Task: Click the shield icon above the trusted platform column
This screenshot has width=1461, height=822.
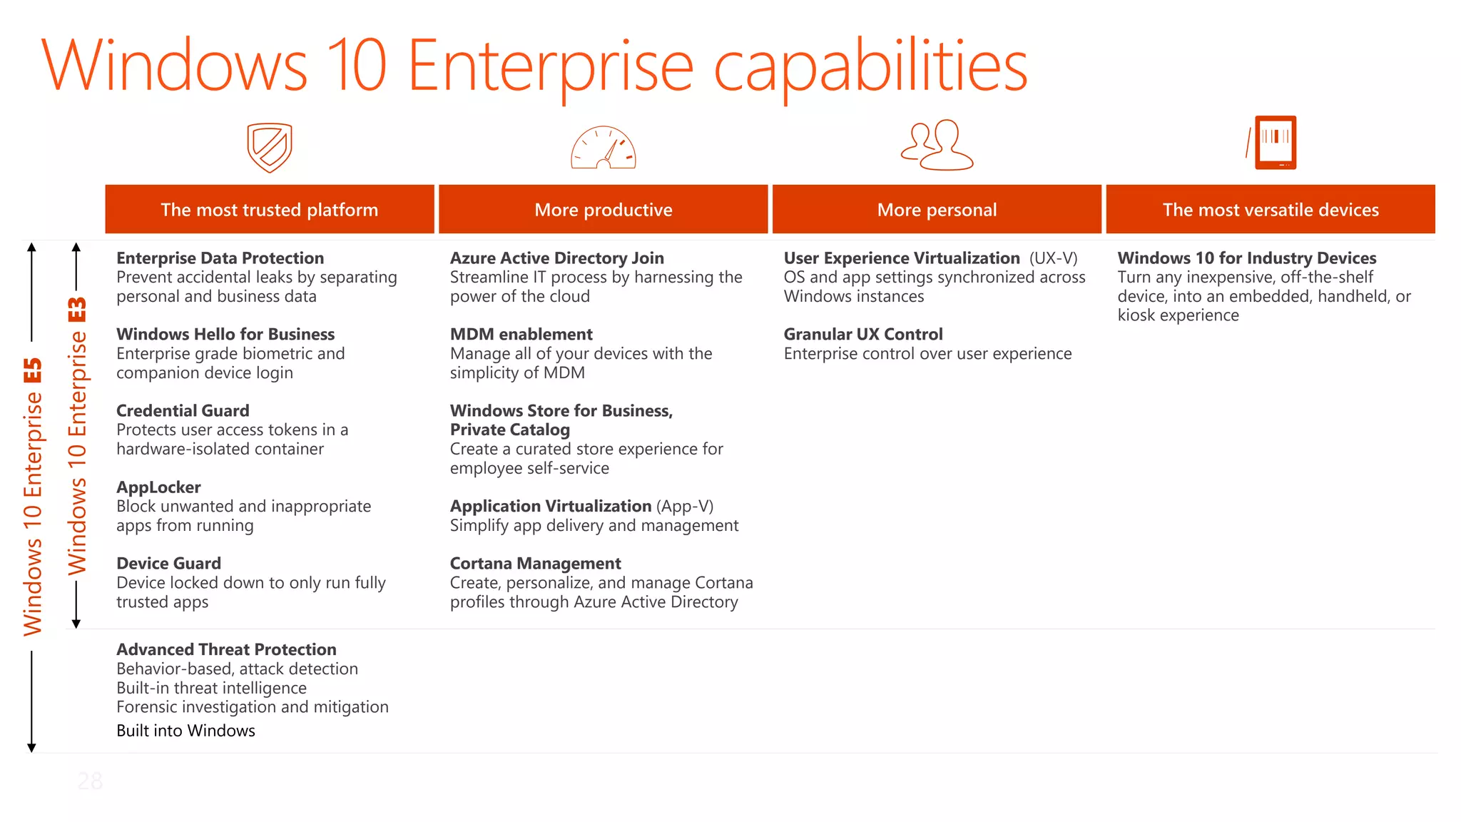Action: pos(270,148)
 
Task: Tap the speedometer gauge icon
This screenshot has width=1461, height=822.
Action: pos(603,148)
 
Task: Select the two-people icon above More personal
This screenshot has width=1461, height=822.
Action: pos(937,146)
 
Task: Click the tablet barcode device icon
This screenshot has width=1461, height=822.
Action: pos(1274,143)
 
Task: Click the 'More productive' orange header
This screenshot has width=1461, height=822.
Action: pos(604,210)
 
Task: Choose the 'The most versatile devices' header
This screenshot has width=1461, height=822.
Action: pos(1271,210)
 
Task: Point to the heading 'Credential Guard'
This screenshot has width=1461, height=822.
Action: pos(183,411)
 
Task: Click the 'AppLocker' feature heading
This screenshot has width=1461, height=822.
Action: pos(158,487)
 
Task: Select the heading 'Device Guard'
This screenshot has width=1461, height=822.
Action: pos(168,564)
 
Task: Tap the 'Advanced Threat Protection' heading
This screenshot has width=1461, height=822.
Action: pos(226,649)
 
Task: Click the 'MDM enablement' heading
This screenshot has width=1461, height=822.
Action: pos(521,335)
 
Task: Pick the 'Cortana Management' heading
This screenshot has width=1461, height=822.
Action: pos(535,564)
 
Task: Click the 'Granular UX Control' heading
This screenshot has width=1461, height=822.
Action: pos(862,335)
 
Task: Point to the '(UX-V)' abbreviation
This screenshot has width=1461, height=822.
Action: pos(1053,258)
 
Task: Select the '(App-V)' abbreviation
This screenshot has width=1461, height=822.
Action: pos(685,507)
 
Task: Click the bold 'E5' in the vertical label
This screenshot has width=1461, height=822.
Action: pos(33,371)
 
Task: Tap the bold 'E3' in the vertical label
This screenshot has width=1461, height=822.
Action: pos(77,310)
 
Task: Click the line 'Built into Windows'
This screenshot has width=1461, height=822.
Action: pos(185,731)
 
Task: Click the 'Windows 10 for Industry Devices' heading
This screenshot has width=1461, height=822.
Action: pos(1246,258)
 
